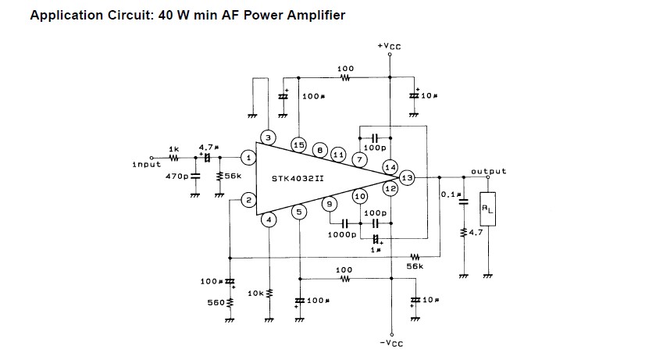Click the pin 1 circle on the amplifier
point(248,158)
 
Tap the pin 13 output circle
point(406,178)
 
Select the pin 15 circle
point(298,144)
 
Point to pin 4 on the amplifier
point(268,219)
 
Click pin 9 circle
point(329,203)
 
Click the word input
point(146,164)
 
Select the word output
point(488,171)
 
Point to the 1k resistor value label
point(173,148)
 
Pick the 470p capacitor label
point(177,176)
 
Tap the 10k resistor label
point(255,293)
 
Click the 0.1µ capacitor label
point(449,194)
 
